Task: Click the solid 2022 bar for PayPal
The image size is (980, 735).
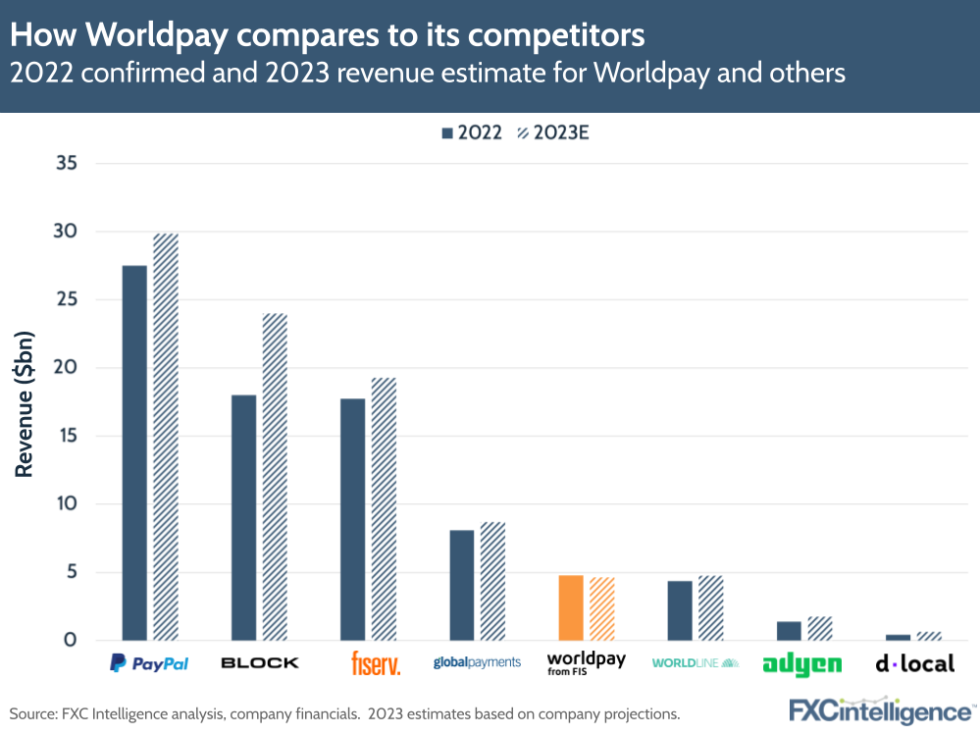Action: click(x=134, y=452)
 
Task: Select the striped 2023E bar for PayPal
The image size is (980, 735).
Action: click(x=166, y=437)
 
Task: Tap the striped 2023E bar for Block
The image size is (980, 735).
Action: click(x=275, y=477)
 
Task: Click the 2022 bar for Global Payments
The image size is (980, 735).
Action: click(x=462, y=585)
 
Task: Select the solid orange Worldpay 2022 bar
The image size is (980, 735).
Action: click(x=571, y=607)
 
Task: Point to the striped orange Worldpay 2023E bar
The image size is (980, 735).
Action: click(x=602, y=608)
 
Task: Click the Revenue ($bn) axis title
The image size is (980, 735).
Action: click(x=25, y=402)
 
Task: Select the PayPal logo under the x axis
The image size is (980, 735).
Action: click(x=149, y=664)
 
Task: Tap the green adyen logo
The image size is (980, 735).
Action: click(x=801, y=665)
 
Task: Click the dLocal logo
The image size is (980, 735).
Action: click(x=914, y=664)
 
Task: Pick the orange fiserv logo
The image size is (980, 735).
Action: click(x=376, y=664)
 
